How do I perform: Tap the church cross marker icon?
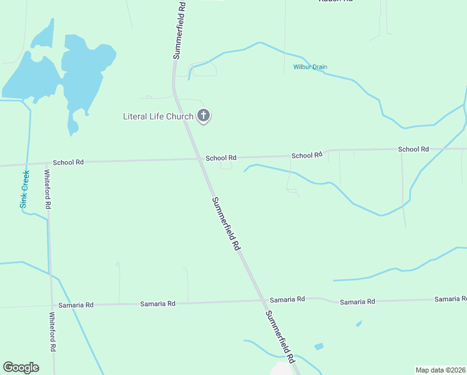click(204, 116)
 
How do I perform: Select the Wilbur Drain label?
click(310, 67)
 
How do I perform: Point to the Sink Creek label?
click(24, 189)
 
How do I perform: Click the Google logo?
click(21, 367)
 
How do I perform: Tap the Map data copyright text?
click(440, 370)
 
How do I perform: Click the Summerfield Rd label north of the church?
click(179, 30)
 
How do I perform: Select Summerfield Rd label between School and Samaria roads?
click(226, 224)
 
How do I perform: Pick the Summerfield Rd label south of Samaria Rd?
click(280, 337)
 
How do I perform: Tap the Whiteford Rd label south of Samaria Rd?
click(53, 331)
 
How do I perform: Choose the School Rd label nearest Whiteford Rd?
click(68, 162)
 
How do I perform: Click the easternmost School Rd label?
click(413, 149)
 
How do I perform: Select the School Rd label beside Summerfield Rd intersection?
click(221, 158)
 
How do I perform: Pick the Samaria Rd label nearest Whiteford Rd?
click(76, 305)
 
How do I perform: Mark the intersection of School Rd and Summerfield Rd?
click(201, 159)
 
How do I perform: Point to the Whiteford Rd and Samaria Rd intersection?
click(51, 306)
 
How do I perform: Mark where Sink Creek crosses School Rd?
click(26, 164)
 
